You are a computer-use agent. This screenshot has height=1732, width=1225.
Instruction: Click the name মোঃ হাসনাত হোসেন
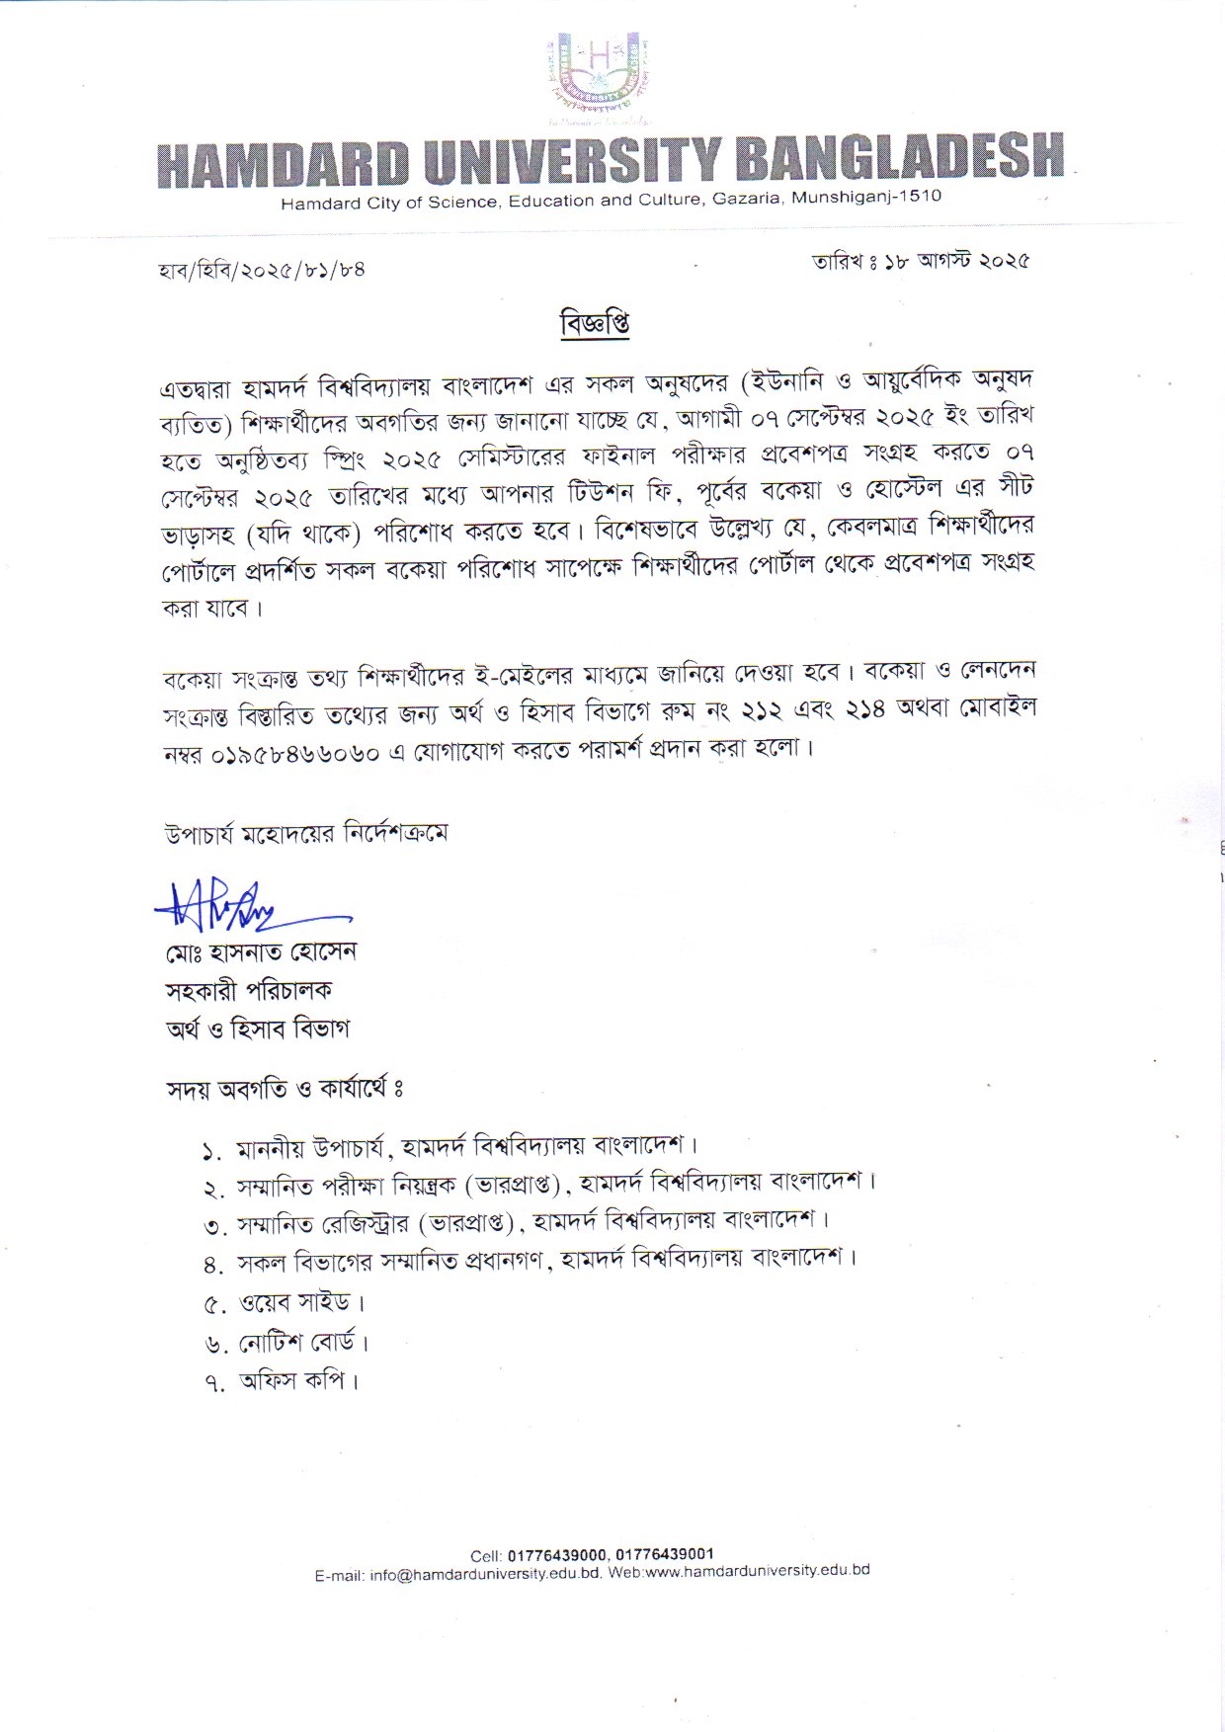coord(261,953)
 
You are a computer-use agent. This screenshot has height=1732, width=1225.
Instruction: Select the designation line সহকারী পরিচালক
coord(249,990)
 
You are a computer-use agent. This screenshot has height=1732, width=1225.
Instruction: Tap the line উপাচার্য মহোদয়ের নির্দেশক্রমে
coord(306,834)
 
